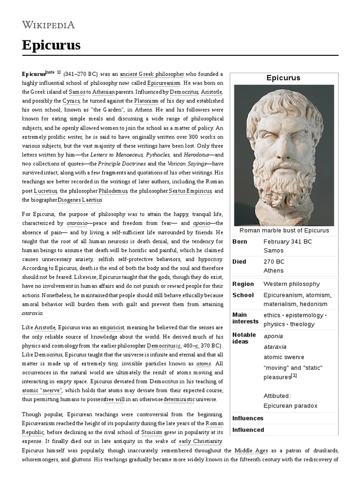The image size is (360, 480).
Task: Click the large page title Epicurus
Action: (51, 45)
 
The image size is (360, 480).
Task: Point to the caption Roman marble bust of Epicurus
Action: (284, 230)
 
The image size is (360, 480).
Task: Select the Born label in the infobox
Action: (240, 241)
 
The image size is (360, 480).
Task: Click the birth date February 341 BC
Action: (287, 241)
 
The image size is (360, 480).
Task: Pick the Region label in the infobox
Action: (243, 284)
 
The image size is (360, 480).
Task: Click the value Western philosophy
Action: (292, 284)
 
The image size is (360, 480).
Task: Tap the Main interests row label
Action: (245, 318)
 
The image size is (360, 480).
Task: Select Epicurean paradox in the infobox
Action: (290, 405)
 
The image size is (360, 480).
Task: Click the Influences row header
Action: (248, 418)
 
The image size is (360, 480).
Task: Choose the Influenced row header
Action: (248, 430)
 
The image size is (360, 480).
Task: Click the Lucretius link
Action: (45, 191)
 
